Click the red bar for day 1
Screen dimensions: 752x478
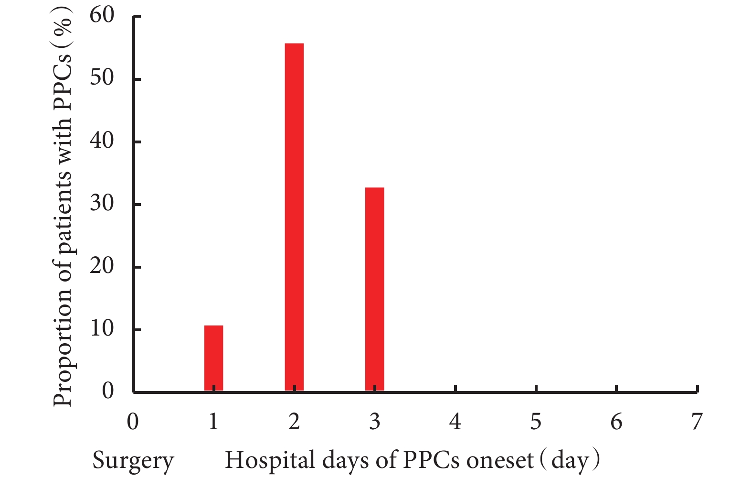click(213, 358)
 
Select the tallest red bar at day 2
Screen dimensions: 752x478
click(294, 217)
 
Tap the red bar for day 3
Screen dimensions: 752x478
click(375, 289)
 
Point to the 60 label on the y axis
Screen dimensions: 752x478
click(102, 15)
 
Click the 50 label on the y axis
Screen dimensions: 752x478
click(102, 78)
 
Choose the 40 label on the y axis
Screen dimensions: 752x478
click(102, 141)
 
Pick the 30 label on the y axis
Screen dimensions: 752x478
click(102, 203)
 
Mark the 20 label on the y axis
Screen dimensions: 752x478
click(102, 266)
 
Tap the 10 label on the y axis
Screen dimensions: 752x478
click(102, 329)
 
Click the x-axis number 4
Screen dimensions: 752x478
click(455, 422)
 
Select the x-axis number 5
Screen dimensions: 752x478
click(536, 422)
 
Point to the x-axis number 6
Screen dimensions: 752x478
click(616, 422)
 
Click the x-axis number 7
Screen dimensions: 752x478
click(697, 422)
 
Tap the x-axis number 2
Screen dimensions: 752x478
click(294, 422)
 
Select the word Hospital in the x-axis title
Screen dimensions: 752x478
click(270, 460)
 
